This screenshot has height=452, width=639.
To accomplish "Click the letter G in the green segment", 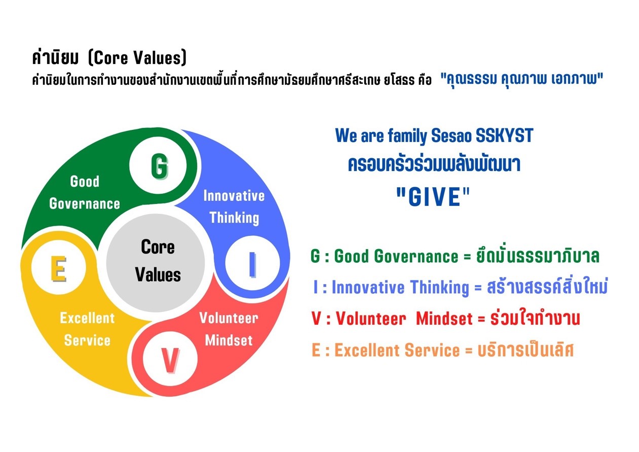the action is click(160, 166).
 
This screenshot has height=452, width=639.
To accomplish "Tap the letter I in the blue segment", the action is click(252, 265).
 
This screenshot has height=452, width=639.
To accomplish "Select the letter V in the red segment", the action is click(170, 361).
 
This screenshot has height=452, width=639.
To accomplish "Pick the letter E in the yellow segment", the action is click(59, 269).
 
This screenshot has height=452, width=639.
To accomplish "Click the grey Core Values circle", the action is click(156, 263).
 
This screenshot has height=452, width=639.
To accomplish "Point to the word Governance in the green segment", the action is click(85, 204).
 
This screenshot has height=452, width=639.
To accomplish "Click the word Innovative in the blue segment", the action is click(234, 196).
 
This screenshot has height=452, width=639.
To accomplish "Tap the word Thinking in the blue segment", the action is click(235, 218).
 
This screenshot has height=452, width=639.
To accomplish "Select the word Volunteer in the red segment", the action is click(229, 318).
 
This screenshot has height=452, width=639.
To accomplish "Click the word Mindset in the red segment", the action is click(229, 340).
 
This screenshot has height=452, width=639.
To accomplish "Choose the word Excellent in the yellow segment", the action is click(87, 318).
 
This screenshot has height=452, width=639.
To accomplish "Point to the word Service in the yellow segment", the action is click(87, 340).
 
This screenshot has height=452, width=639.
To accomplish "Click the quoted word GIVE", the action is click(433, 197).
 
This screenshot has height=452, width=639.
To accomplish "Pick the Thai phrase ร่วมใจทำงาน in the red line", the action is click(535, 317).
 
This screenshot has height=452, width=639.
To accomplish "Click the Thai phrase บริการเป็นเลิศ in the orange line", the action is click(525, 349).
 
